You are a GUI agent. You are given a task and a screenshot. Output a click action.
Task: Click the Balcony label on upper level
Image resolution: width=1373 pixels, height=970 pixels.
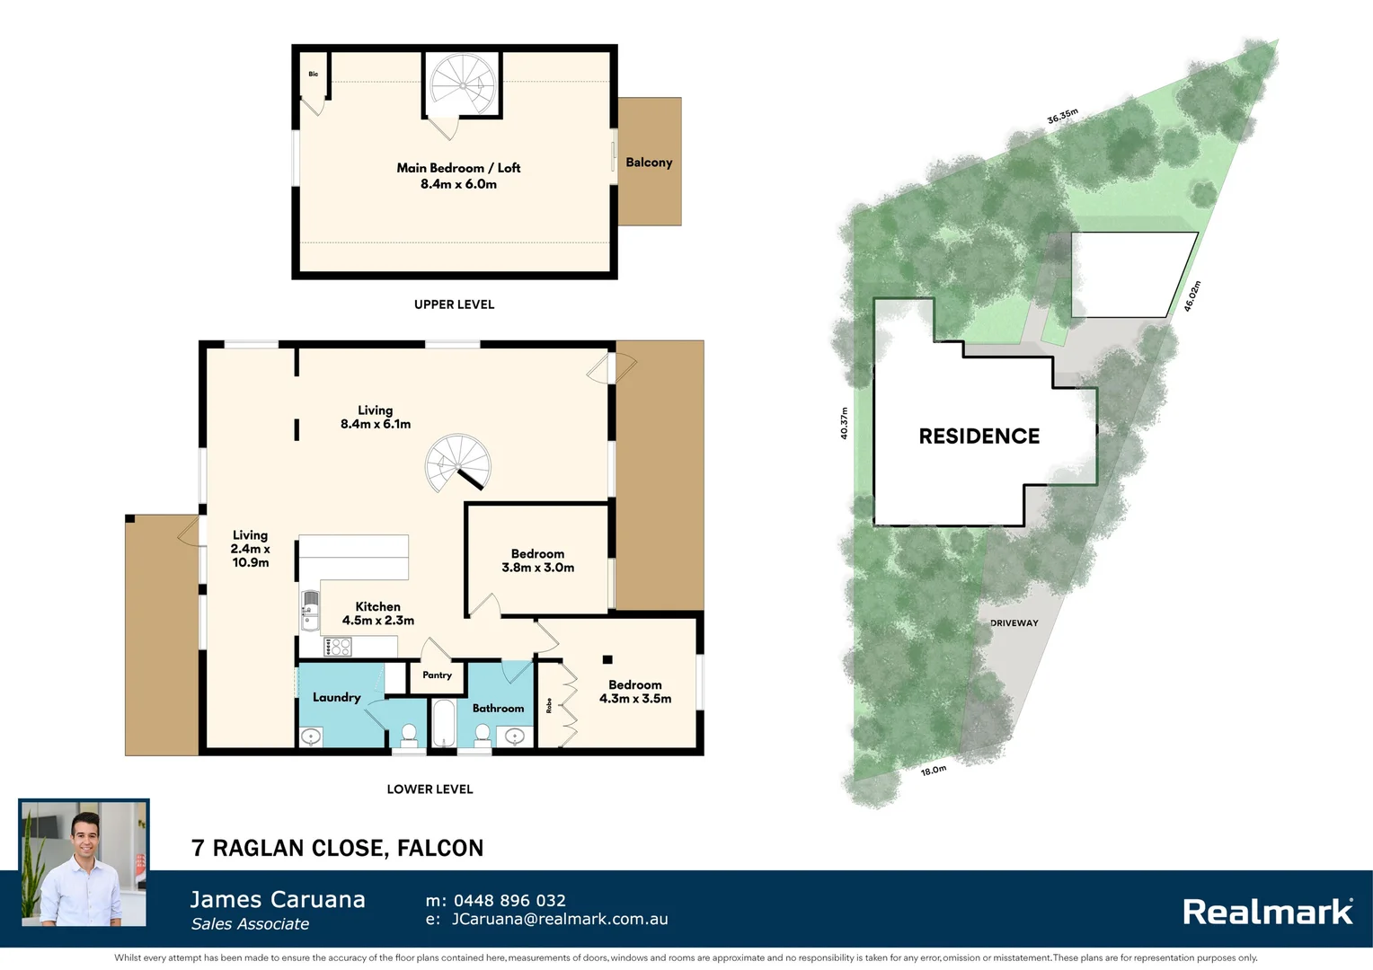649,163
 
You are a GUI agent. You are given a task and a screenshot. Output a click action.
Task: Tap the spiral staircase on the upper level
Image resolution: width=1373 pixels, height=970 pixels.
463,84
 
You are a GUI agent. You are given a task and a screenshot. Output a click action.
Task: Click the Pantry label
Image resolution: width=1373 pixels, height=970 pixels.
437,675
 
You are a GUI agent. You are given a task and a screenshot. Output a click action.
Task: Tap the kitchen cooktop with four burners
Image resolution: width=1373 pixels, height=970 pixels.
338,647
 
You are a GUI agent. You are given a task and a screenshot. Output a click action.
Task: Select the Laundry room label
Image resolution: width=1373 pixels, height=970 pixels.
336,697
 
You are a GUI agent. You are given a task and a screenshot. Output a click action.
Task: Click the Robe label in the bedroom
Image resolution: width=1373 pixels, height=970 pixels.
549,706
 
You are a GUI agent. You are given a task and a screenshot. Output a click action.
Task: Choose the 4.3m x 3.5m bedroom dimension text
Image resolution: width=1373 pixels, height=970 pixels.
635,699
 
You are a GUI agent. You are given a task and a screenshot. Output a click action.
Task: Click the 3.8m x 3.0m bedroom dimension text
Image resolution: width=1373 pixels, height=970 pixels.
537,568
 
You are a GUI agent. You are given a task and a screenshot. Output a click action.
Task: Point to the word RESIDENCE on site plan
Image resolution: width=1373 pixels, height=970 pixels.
979,436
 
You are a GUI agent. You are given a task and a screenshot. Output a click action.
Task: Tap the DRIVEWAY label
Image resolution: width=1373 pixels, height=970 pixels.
1014,622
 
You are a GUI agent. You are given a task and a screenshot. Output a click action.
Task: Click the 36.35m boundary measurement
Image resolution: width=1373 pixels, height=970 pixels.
1062,117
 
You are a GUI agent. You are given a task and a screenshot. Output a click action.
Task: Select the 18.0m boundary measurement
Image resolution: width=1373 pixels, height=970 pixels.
933,771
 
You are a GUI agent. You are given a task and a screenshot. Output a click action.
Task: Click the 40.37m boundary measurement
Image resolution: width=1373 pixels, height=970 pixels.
844,423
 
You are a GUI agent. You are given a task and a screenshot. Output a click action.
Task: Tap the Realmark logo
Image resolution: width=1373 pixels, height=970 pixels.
1267,913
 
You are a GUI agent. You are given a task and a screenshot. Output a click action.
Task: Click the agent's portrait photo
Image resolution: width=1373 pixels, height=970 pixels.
84,863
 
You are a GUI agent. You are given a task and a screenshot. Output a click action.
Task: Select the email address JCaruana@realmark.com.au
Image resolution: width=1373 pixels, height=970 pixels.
559,920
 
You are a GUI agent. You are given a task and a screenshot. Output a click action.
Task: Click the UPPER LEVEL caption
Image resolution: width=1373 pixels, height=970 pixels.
454,304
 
